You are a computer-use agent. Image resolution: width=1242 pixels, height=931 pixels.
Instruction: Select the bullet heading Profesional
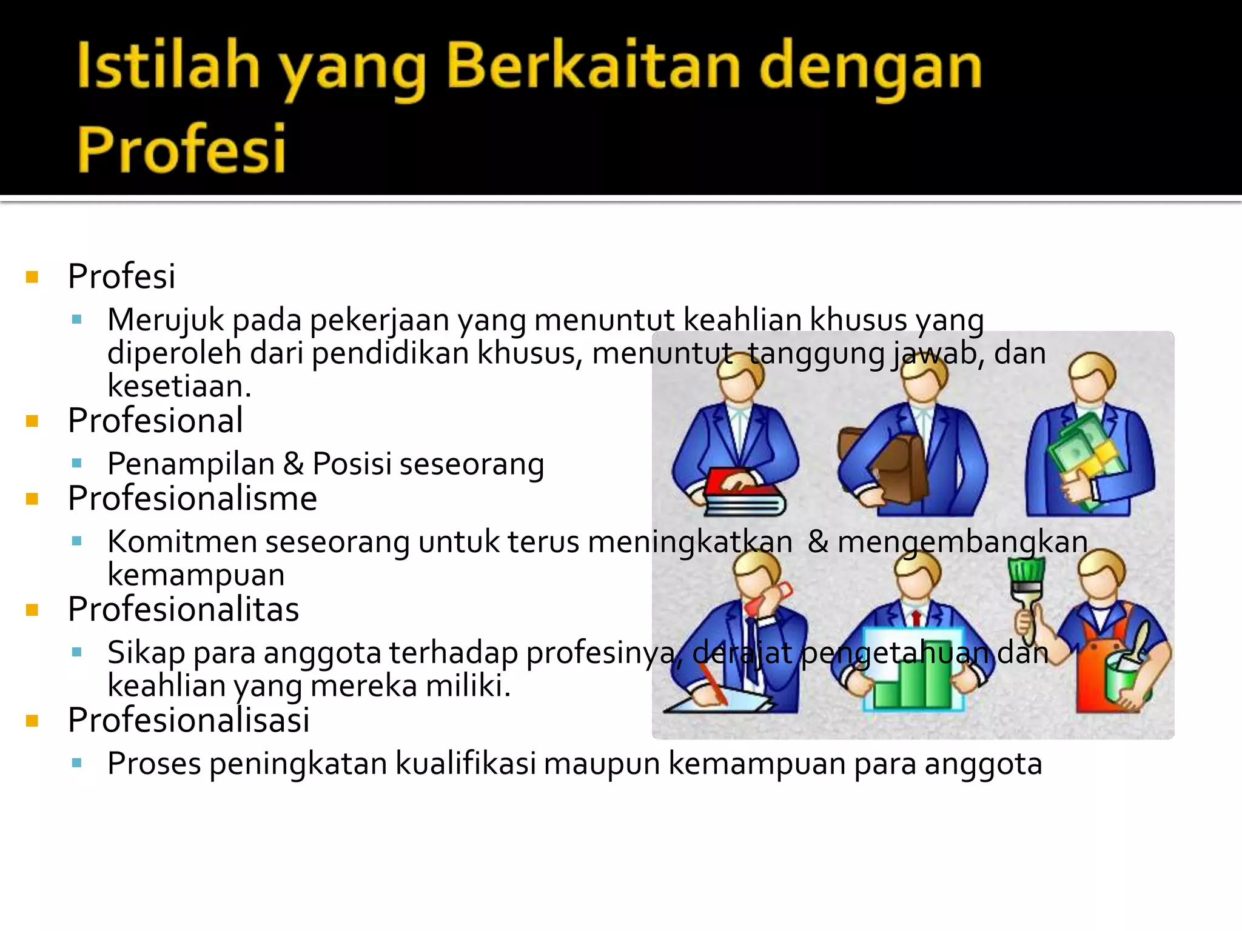pyautogui.click(x=155, y=420)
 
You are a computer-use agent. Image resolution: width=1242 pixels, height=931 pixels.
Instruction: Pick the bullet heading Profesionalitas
pyautogui.click(x=183, y=609)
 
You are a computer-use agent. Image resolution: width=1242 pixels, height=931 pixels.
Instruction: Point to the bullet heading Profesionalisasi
pyautogui.click(x=189, y=720)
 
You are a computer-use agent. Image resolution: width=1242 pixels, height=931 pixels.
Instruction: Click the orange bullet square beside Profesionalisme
pyautogui.click(x=33, y=499)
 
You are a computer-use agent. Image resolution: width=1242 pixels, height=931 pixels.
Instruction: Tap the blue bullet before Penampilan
pyautogui.click(x=76, y=464)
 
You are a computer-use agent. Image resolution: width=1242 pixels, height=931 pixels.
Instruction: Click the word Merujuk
pyautogui.click(x=166, y=319)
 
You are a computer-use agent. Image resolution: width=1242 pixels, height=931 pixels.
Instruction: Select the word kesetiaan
pyautogui.click(x=179, y=386)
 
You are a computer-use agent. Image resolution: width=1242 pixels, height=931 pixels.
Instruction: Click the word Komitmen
pyautogui.click(x=182, y=541)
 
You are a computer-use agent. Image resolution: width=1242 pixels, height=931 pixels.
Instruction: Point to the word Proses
pyautogui.click(x=154, y=763)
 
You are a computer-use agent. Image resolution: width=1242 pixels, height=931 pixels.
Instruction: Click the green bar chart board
pyautogui.click(x=913, y=673)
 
